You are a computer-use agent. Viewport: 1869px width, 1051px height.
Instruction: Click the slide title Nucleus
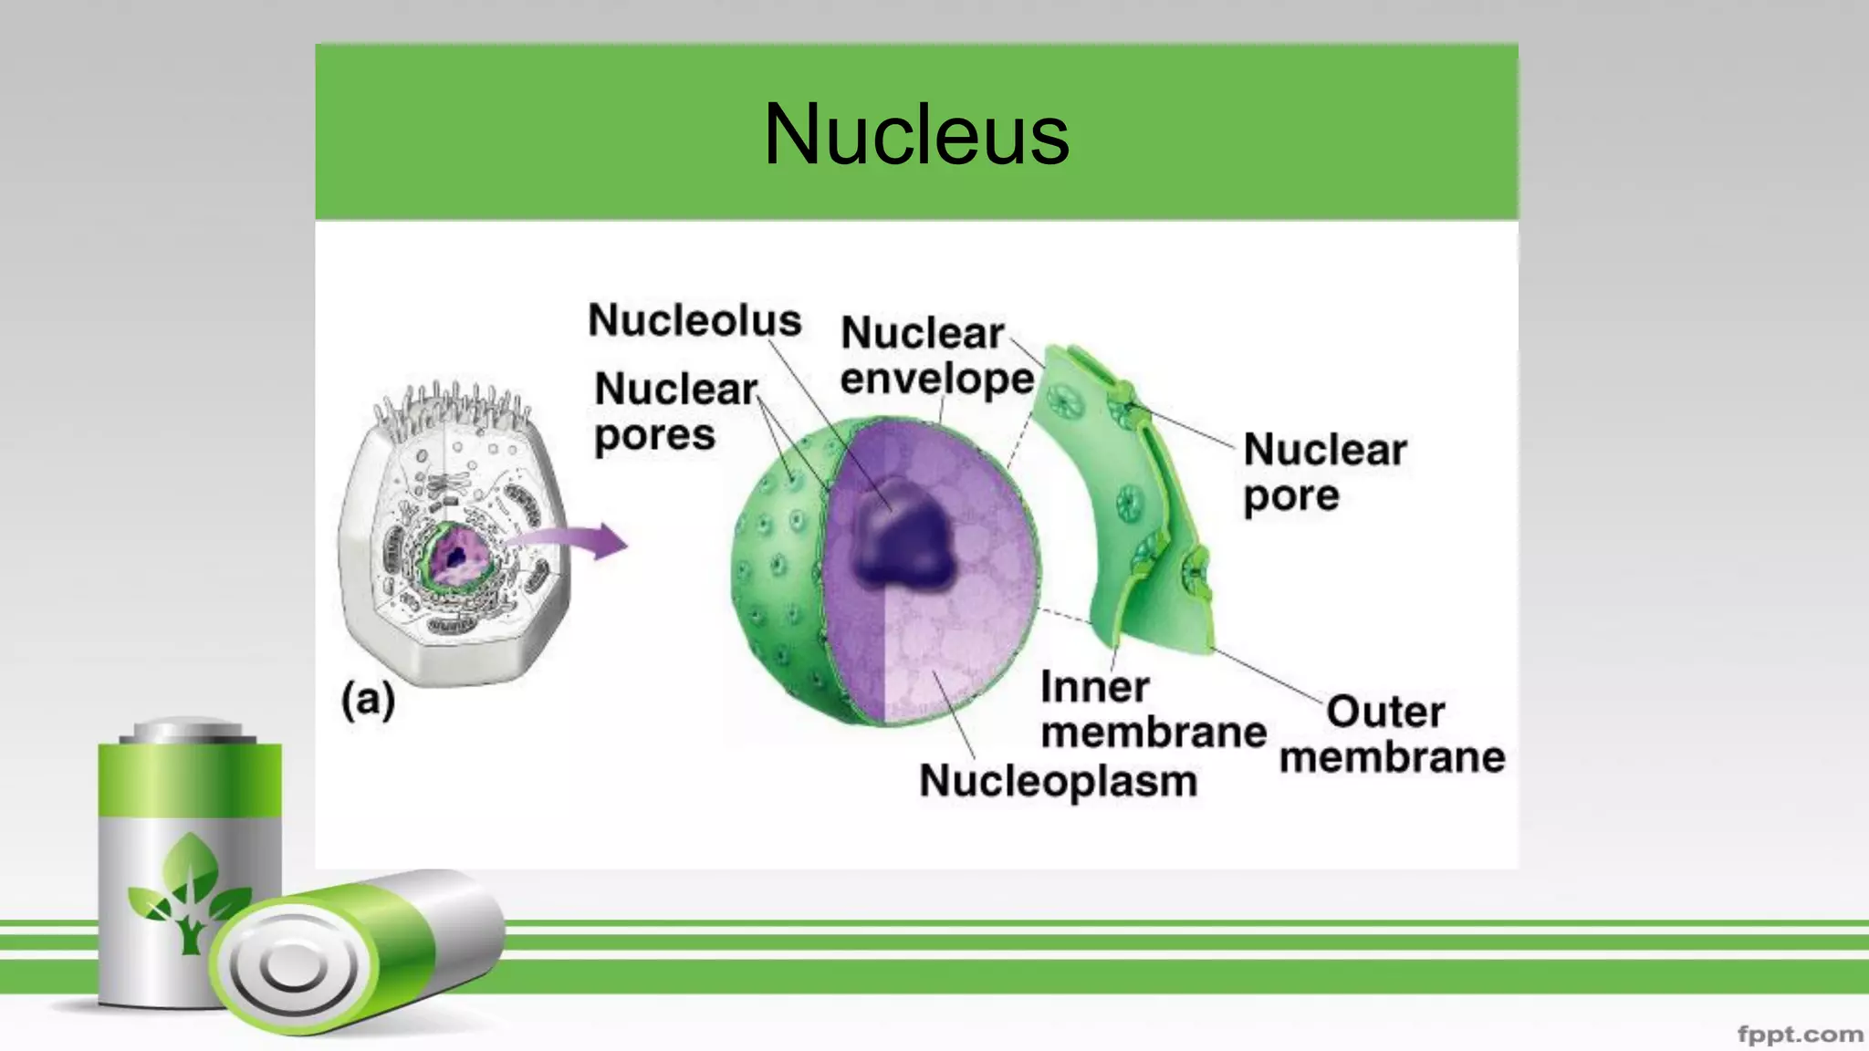[916, 135]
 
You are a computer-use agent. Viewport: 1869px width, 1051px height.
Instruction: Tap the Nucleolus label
[694, 320]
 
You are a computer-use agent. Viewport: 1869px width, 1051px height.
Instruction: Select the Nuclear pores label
[675, 412]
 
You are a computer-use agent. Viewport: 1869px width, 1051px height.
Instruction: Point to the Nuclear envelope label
[936, 356]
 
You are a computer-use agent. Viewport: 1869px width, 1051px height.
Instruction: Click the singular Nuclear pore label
[1324, 473]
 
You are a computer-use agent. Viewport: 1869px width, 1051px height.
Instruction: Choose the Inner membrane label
[1153, 710]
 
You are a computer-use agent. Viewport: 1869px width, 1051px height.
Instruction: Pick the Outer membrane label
[1392, 734]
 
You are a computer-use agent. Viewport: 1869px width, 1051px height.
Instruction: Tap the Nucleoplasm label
[1058, 781]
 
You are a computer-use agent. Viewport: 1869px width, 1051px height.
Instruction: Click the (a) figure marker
[368, 701]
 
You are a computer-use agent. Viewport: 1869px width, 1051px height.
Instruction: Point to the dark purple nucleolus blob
[903, 538]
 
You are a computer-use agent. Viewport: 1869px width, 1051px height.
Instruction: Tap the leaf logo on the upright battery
[189, 890]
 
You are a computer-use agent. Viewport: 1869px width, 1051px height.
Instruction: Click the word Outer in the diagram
[1385, 712]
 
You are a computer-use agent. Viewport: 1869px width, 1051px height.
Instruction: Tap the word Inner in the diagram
[1094, 687]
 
